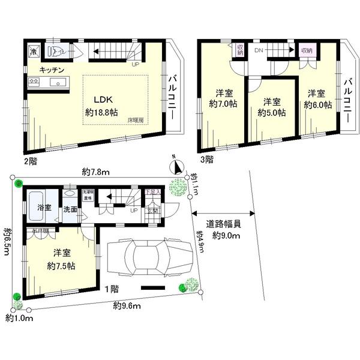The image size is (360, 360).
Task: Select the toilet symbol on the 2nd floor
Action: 53,50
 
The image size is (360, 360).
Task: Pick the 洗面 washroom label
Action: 70,209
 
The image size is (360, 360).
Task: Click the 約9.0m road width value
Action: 227,236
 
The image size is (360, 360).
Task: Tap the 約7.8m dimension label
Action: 95,173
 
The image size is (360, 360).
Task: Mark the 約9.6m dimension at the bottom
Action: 127,306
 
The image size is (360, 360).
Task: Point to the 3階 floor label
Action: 206,160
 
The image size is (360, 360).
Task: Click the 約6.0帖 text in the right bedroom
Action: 317,104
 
